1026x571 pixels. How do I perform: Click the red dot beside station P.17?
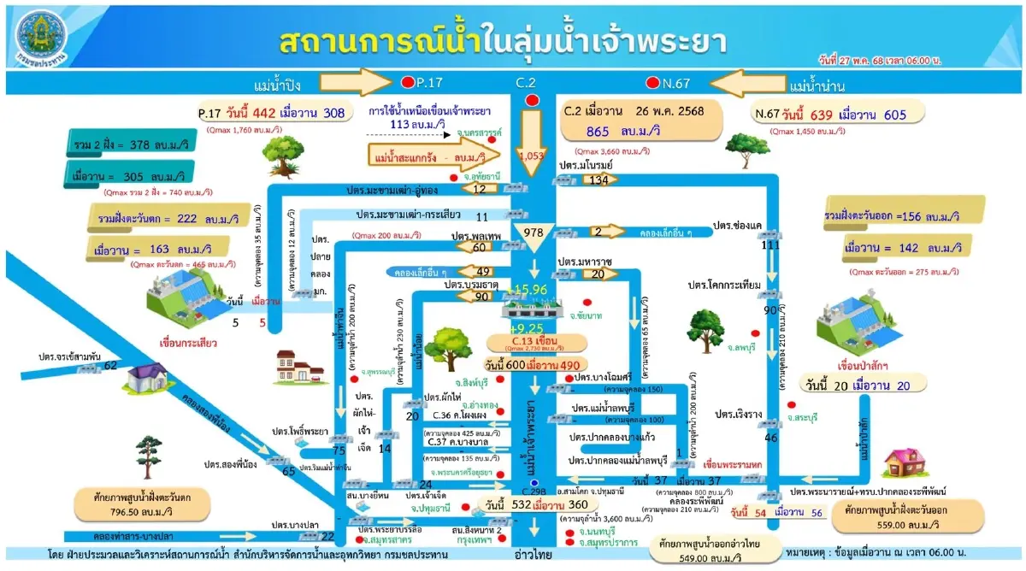click(407, 83)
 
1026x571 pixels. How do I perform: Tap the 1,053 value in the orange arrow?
click(532, 156)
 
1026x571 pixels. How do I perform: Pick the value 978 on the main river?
click(534, 233)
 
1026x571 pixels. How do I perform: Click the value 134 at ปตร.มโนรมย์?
click(598, 180)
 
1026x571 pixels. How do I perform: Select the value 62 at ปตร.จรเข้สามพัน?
click(110, 365)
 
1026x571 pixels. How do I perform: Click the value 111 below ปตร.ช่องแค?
click(770, 245)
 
